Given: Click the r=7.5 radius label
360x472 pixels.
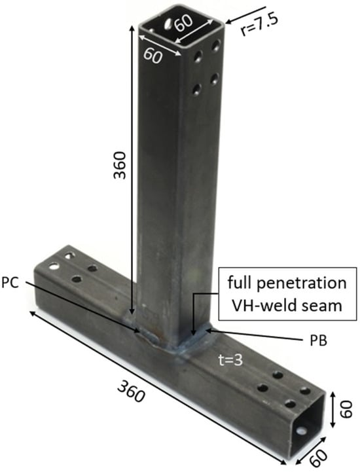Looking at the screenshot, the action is tap(259, 25).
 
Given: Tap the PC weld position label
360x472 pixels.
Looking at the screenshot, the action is tap(10, 283).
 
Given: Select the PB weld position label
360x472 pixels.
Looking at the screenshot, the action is tap(319, 341).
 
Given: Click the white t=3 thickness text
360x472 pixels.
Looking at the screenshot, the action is tap(230, 360).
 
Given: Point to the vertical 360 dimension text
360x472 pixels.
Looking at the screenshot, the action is tap(120, 165).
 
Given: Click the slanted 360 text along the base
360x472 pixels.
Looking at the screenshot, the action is tap(132, 391).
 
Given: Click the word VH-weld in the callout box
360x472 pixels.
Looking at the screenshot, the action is tap(266, 306).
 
